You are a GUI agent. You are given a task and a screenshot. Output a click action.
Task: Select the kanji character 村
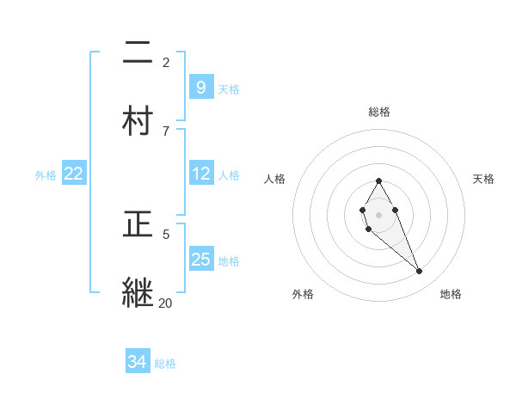coord(138,121)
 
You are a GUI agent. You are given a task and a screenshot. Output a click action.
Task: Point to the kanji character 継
coord(138,292)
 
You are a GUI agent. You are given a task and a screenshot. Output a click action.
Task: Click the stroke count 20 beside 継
coord(165,303)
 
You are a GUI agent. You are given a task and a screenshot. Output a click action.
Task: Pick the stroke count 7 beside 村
coord(165,131)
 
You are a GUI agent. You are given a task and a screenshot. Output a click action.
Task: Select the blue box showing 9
coord(200,88)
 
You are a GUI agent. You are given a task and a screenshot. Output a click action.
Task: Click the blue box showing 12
coord(200,174)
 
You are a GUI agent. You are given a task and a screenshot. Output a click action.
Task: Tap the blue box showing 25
coord(200,260)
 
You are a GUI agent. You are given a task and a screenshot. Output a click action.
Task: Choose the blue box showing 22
coord(73,174)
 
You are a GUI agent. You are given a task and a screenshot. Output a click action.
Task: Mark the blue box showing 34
coord(137,363)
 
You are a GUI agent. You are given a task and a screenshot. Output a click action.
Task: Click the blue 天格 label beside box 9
coord(228,89)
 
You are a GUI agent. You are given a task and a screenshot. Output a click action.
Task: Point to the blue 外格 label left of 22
coord(46,174)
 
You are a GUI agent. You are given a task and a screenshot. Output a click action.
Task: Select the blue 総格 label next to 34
coord(165,364)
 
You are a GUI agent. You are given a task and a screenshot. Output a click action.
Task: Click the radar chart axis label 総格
coord(379,112)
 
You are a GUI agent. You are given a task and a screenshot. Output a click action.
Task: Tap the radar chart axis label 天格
coord(483,179)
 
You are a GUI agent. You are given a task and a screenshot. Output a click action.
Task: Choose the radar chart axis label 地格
coord(451,294)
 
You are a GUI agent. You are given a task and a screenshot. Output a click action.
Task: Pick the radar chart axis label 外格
coord(303,294)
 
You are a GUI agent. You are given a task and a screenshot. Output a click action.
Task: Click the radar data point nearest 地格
coord(419,272)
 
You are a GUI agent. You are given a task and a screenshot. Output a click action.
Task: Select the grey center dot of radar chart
coord(378,214)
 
